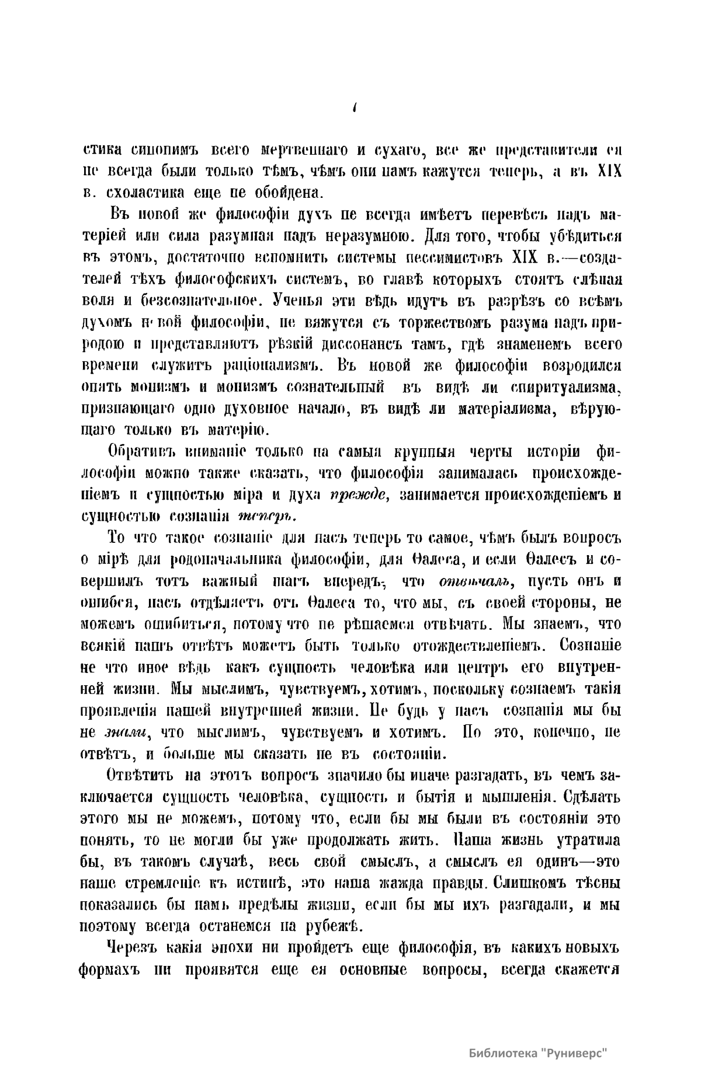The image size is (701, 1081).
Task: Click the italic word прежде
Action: coord(356,496)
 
